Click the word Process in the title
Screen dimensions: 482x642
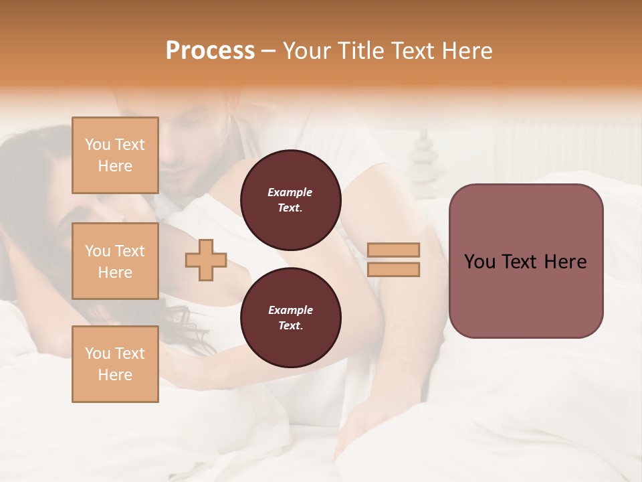click(210, 51)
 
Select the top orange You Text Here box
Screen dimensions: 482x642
click(115, 155)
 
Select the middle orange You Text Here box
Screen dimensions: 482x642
click(115, 261)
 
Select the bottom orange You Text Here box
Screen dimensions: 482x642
click(115, 364)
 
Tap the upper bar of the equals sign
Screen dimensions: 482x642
click(394, 250)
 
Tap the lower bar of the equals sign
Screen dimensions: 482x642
click(394, 270)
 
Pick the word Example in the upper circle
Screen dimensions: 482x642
click(290, 192)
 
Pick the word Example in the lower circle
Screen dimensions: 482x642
click(290, 310)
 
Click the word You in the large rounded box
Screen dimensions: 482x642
click(480, 262)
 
